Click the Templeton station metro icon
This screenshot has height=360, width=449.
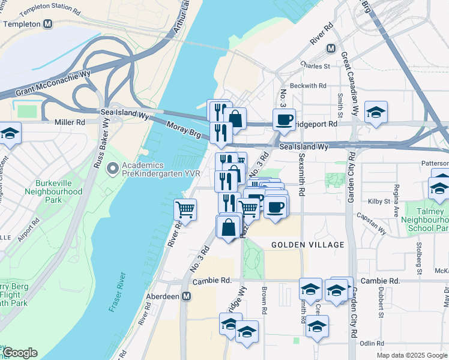(48, 24)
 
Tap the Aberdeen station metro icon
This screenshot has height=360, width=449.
(187, 296)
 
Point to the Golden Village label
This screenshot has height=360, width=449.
(307, 245)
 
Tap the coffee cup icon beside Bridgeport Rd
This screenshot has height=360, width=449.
(284, 119)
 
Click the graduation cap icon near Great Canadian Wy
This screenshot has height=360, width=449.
(376, 112)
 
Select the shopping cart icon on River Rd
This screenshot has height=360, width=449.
(185, 210)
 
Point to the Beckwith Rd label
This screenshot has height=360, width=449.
(307, 86)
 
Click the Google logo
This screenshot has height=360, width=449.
(20, 353)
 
